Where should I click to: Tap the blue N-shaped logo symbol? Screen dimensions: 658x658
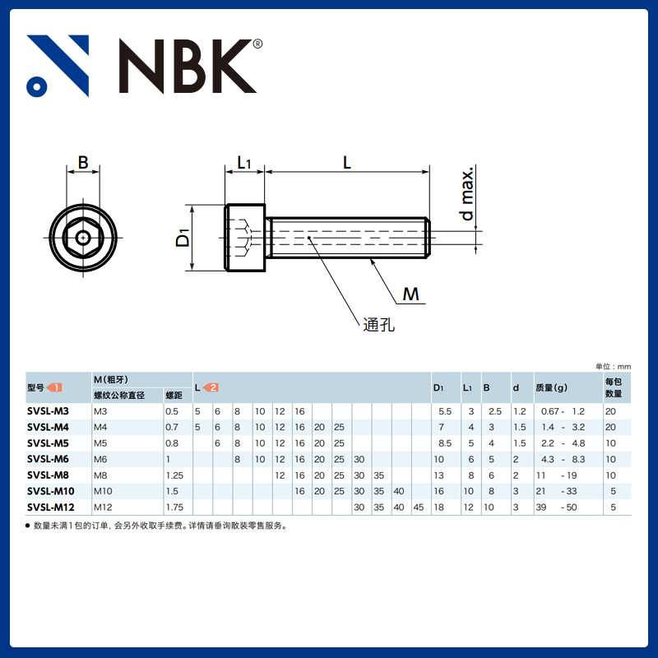(58, 66)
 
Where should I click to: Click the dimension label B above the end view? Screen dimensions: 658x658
(83, 163)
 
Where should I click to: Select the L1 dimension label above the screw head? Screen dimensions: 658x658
(244, 163)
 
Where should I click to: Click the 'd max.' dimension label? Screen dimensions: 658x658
(468, 194)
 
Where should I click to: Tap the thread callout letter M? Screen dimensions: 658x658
(410, 294)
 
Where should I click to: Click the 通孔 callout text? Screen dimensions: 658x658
(379, 324)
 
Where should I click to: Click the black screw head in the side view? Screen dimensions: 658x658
(245, 238)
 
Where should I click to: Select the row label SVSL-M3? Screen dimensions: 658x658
(49, 410)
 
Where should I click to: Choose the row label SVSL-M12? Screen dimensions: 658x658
(51, 507)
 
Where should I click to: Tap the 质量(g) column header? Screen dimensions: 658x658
(551, 387)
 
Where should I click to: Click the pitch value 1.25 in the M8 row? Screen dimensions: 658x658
(174, 475)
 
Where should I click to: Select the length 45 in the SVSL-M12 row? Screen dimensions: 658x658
(419, 507)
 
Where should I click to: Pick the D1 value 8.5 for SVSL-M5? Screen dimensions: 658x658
(445, 443)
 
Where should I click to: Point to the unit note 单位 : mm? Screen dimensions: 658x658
(613, 366)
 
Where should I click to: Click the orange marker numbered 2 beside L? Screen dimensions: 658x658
(211, 387)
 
